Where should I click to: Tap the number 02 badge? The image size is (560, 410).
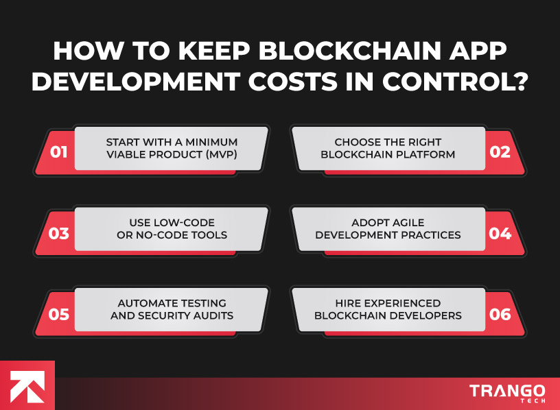pos(500,152)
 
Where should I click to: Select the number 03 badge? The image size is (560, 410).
pos(59,234)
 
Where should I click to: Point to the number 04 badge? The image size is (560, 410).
pos(500,234)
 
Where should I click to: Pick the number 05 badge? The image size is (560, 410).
pos(59,315)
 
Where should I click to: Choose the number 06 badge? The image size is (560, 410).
pos(500,315)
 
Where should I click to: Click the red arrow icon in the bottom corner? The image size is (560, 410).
pos(27,386)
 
